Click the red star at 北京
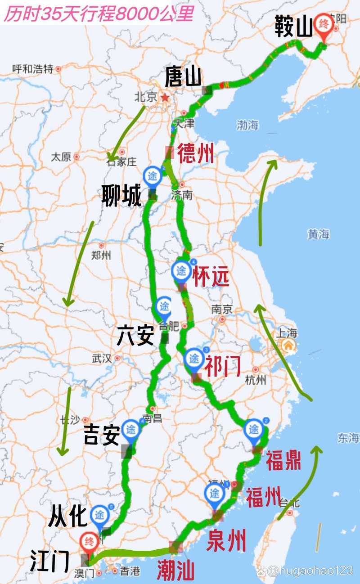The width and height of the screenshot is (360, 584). (165, 97)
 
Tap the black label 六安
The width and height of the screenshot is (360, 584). (135, 336)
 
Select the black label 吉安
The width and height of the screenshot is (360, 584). (102, 435)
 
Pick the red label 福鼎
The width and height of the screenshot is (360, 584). (283, 461)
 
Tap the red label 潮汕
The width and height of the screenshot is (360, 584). (176, 571)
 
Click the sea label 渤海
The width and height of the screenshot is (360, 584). (247, 125)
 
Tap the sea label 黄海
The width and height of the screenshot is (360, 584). (319, 234)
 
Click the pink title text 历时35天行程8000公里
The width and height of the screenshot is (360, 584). (99, 14)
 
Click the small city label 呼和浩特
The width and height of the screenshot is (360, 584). (33, 69)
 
